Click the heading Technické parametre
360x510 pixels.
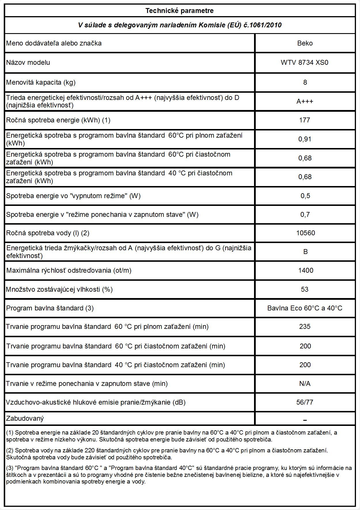(x=179, y=11)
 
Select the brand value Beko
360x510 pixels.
(x=305, y=43)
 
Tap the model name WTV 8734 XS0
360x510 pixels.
(x=304, y=62)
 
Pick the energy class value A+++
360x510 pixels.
(x=305, y=101)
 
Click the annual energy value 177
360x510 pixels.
(x=304, y=120)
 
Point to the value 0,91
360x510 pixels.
(x=305, y=139)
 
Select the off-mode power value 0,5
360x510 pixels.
(x=305, y=196)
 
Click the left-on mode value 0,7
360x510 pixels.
(x=305, y=215)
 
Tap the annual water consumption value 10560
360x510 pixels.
(x=305, y=233)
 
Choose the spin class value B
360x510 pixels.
(x=305, y=252)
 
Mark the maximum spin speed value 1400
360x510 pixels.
(x=306, y=270)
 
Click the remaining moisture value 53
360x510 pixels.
(x=305, y=289)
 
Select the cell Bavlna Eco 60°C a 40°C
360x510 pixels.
(x=305, y=308)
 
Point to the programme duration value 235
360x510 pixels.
(x=305, y=327)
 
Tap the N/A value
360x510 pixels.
(x=305, y=384)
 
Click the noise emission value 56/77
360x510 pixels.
(x=305, y=402)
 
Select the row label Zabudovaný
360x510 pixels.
(x=25, y=418)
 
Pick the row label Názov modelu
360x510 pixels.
(x=28, y=62)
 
